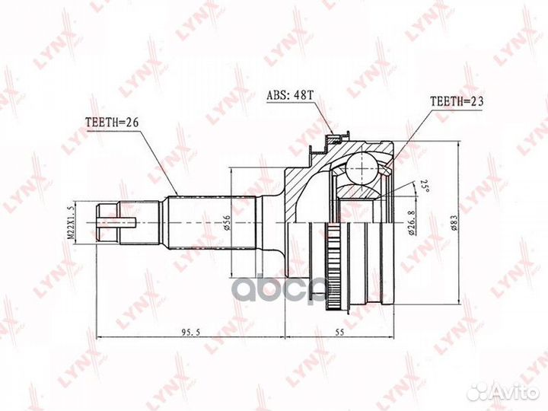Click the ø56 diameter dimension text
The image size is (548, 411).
pyautogui.click(x=226, y=222)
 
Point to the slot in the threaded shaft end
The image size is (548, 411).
pyautogui.click(x=118, y=222)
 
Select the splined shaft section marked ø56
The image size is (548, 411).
pyautogui.click(x=201, y=222)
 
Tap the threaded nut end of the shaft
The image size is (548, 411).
pyautogui.click(x=109, y=222)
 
